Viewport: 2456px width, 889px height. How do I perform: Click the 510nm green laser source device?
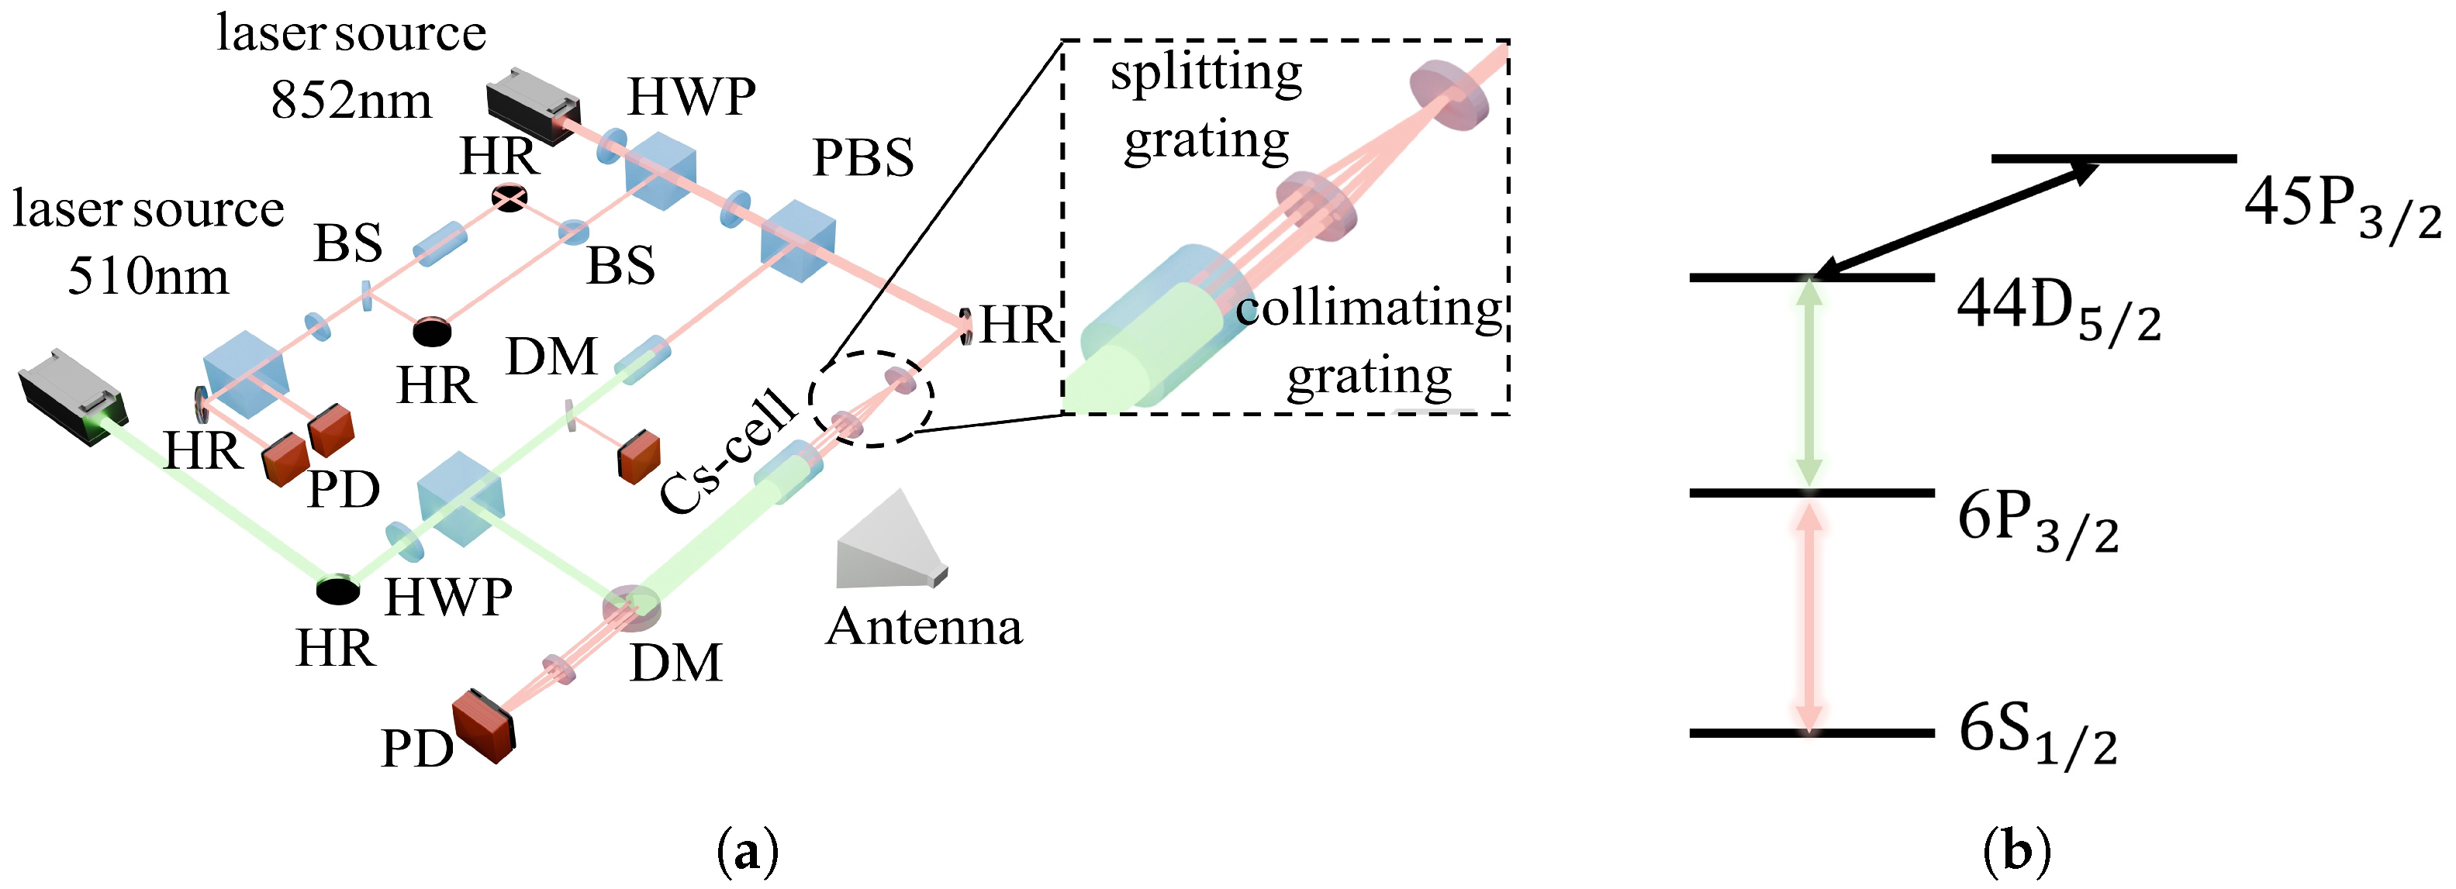click(x=71, y=396)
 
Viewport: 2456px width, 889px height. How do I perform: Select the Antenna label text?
click(x=924, y=627)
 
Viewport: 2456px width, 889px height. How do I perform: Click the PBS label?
click(x=863, y=158)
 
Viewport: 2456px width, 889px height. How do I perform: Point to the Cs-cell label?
click(x=728, y=453)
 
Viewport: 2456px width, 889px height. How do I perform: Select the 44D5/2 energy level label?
click(x=2058, y=312)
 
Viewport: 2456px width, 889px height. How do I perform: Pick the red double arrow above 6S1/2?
click(x=1809, y=614)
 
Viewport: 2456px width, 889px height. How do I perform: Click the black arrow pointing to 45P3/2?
click(x=1954, y=220)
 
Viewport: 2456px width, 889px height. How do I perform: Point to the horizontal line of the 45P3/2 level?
click(x=2112, y=158)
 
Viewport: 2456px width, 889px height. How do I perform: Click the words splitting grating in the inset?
click(x=1206, y=107)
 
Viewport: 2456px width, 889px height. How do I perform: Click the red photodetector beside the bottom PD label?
click(x=483, y=726)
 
